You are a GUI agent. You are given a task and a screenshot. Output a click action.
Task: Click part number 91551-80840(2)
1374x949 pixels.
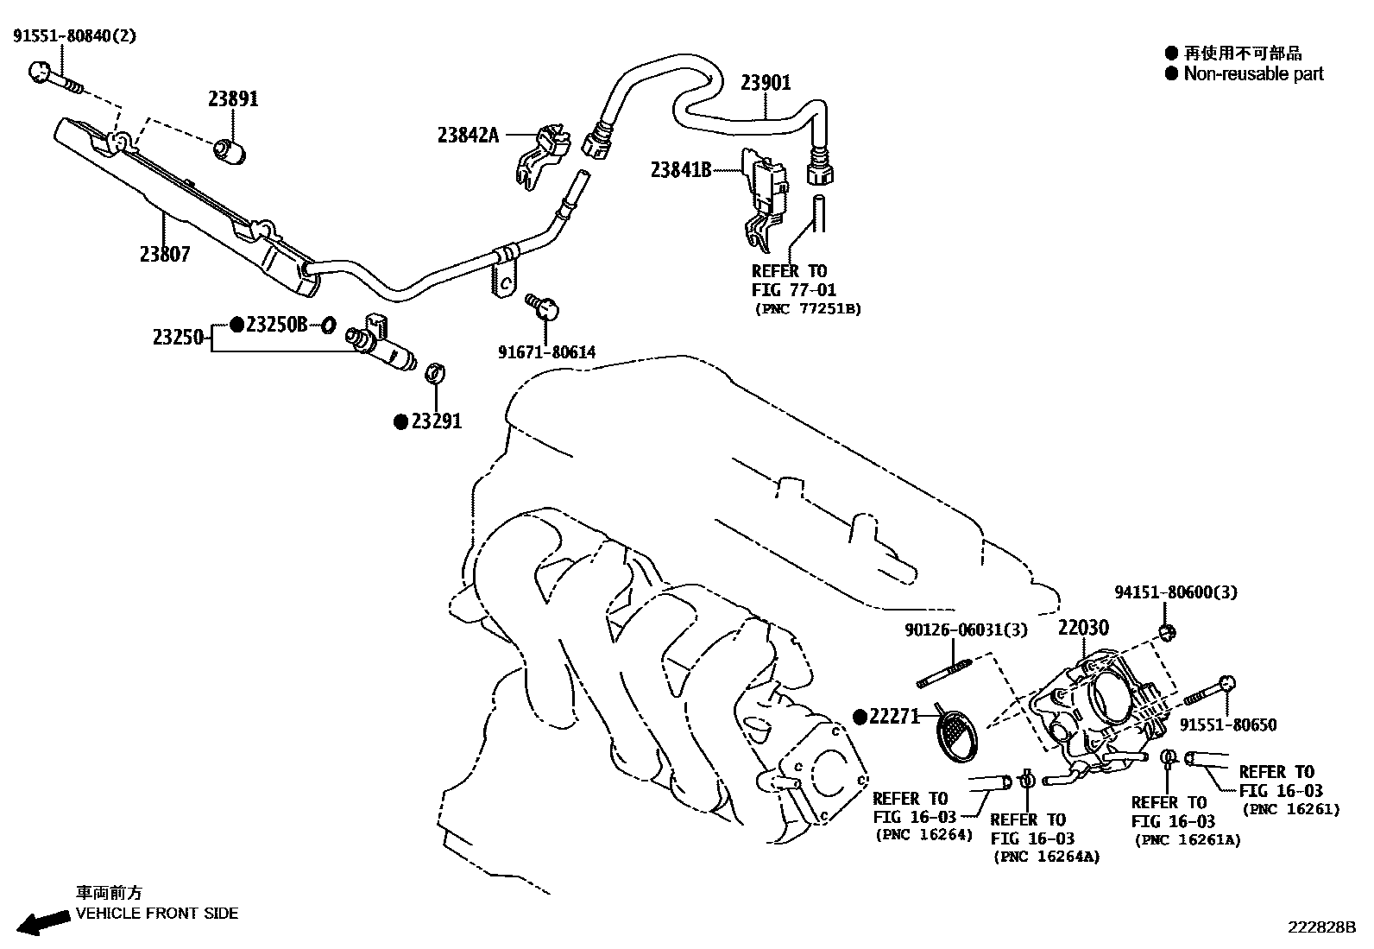74,36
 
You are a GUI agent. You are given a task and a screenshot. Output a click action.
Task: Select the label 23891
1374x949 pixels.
233,98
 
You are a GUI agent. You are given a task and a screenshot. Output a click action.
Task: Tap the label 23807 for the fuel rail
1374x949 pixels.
164,254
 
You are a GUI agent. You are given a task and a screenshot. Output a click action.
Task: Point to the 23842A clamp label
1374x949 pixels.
468,135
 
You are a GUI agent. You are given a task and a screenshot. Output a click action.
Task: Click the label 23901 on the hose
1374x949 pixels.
766,83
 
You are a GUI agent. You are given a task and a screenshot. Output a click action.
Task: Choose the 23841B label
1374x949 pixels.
680,170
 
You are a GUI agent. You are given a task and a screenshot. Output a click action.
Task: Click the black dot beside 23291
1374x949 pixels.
400,422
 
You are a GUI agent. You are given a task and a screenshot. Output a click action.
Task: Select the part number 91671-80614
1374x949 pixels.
546,352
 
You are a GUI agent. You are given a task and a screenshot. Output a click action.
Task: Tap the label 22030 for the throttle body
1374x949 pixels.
1084,628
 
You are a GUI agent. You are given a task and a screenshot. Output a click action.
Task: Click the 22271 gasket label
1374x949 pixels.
894,716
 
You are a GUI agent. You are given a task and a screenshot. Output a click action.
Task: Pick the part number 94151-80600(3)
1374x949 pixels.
1175,592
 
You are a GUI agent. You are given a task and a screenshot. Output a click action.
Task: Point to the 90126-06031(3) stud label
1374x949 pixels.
966,630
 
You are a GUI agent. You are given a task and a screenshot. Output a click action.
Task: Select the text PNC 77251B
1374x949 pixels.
807,308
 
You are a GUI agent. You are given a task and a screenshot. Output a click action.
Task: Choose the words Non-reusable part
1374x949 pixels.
1253,74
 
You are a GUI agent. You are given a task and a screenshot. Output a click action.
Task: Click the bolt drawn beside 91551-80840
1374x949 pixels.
55,78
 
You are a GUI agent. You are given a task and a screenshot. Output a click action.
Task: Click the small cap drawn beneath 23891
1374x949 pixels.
230,151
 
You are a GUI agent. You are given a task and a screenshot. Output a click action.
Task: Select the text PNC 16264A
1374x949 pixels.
1047,857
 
